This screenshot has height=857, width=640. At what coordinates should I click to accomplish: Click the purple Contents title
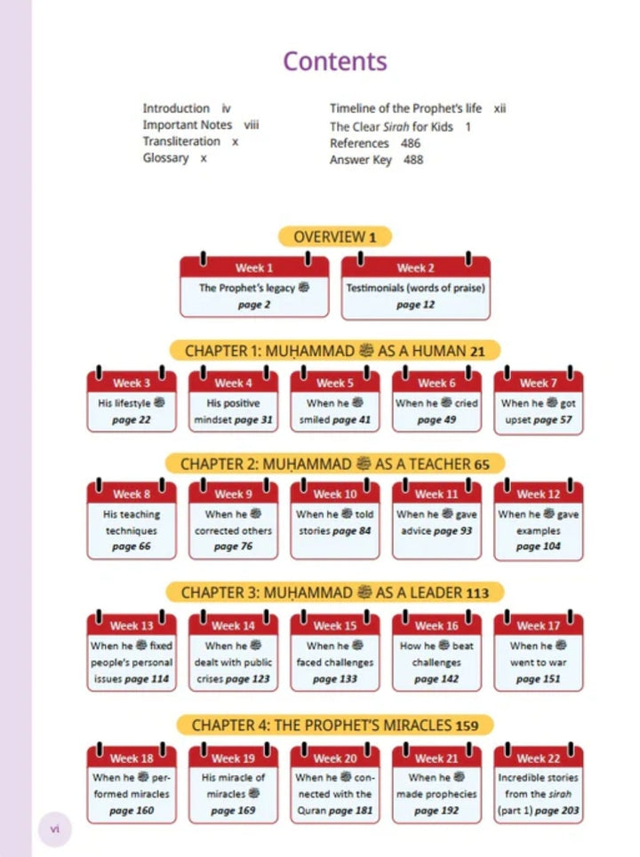[x=335, y=61]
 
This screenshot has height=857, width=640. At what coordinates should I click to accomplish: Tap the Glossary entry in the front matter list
[x=165, y=158]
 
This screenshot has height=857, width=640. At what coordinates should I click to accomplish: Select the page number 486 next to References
[x=411, y=143]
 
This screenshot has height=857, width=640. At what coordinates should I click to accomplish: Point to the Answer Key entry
[x=361, y=160]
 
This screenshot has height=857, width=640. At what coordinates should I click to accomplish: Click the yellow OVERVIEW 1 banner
[x=335, y=236]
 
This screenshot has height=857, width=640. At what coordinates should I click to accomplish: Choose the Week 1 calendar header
[x=254, y=267]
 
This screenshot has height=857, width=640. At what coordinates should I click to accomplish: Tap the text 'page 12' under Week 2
[x=415, y=305]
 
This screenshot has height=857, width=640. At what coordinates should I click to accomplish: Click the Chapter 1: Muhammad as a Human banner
[x=335, y=350]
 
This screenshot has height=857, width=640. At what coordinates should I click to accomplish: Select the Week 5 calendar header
[x=335, y=383]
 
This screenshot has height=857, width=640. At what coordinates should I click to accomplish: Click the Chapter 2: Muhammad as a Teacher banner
[x=335, y=464]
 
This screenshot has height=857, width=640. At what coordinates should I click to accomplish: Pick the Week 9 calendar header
[x=234, y=494]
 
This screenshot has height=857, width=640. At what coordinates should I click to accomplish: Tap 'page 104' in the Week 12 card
[x=539, y=546]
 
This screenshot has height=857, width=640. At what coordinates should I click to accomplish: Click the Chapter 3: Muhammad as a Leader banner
[x=335, y=592]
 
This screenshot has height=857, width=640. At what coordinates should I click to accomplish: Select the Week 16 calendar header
[x=436, y=625]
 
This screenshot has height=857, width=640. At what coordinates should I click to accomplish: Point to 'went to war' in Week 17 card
[x=539, y=663]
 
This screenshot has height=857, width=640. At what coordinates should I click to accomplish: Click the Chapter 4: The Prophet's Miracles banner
[x=335, y=726]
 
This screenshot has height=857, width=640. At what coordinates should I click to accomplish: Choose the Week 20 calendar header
[x=335, y=758]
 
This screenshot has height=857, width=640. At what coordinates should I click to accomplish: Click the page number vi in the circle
[x=55, y=829]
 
